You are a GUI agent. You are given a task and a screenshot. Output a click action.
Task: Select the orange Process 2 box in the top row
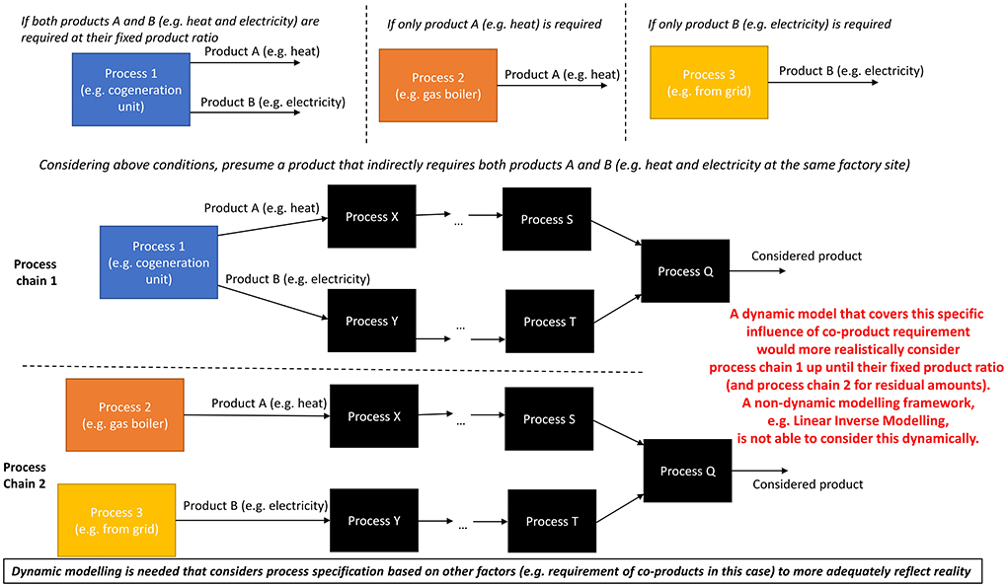pos(431,86)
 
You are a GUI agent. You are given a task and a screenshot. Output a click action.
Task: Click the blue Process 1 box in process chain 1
pos(159,263)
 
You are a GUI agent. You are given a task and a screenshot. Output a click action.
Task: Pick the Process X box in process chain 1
pos(366,217)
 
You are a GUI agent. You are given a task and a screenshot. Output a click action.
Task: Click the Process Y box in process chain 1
pos(367,321)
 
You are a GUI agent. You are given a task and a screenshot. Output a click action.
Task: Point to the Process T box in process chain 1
pos(544,322)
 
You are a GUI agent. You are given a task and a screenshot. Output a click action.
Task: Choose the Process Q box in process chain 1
pos(685,270)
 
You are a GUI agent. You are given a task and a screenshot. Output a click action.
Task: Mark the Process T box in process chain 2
pos(547,521)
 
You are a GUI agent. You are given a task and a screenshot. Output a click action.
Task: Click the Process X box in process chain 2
pos(368,416)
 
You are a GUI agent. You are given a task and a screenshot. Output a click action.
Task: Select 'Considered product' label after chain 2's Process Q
pos(808,484)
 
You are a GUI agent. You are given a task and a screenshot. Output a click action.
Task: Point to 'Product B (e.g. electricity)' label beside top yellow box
pos(851,71)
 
